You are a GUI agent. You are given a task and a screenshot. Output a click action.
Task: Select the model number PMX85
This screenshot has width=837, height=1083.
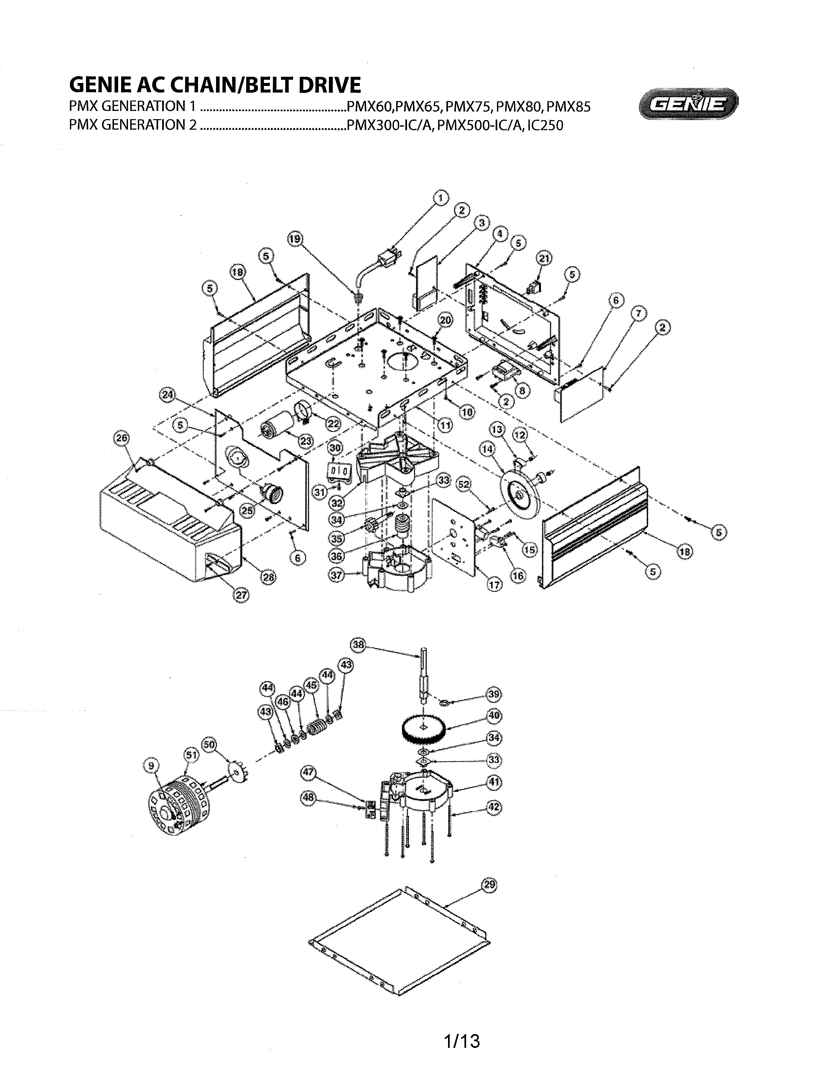(x=568, y=107)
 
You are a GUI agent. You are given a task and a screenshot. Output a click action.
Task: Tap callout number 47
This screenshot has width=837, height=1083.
(x=309, y=772)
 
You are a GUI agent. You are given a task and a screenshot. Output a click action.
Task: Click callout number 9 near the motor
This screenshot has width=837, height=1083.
(x=151, y=766)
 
